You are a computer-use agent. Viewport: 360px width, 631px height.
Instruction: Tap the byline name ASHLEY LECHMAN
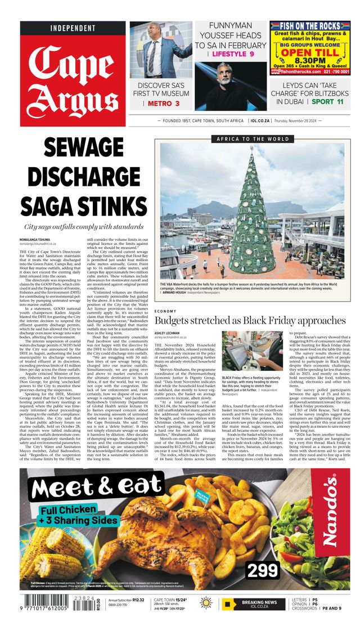(x=169, y=333)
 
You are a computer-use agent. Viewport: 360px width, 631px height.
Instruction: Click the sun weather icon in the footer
(x=206, y=604)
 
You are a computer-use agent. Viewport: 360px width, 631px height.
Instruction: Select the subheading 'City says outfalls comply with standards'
(x=84, y=227)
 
